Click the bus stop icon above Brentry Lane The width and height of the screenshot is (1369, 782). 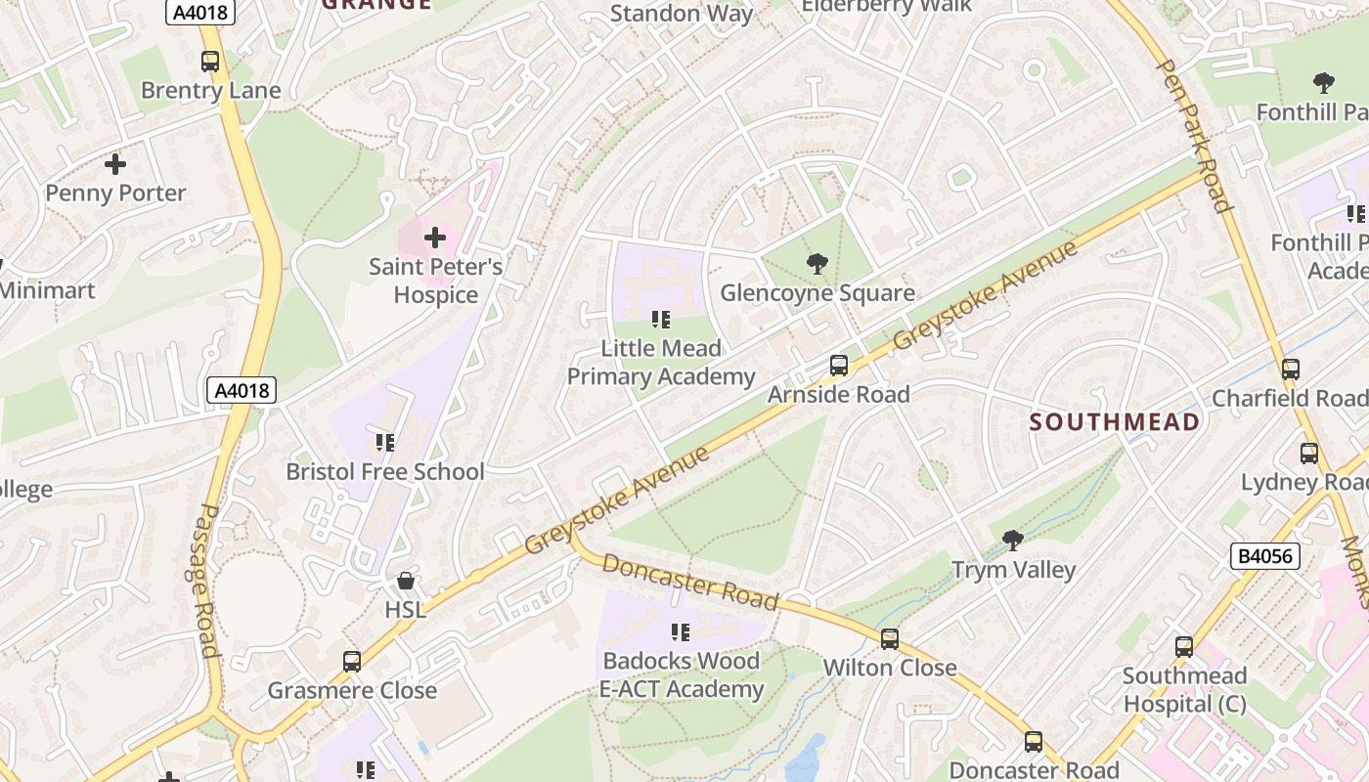pos(210,62)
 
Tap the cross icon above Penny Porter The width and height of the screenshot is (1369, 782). pos(115,164)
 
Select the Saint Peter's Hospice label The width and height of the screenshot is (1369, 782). pos(435,281)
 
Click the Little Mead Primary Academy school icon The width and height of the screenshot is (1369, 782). pos(661,320)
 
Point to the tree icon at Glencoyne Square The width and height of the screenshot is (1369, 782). pos(817,263)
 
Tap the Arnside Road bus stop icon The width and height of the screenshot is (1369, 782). pos(838,366)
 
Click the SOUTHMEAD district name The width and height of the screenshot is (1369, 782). pos(1115,422)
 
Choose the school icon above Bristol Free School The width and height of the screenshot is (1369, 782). pos(385,443)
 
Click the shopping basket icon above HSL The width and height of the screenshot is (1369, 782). pos(405,581)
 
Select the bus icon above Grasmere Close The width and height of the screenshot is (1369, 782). pos(352,662)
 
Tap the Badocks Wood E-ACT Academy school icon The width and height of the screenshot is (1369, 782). pos(681,632)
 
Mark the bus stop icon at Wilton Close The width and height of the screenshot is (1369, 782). pos(889,639)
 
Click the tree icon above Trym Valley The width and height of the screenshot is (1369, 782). pos(1013,540)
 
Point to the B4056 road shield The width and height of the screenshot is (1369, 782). pos(1264,557)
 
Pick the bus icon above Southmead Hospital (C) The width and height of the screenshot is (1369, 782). pos(1184,646)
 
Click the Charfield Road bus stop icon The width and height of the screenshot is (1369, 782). pos(1291,369)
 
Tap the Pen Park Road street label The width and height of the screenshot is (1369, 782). pos(1193,135)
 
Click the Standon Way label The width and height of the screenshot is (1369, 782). pos(682,14)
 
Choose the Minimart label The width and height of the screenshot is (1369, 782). pos(47,290)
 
